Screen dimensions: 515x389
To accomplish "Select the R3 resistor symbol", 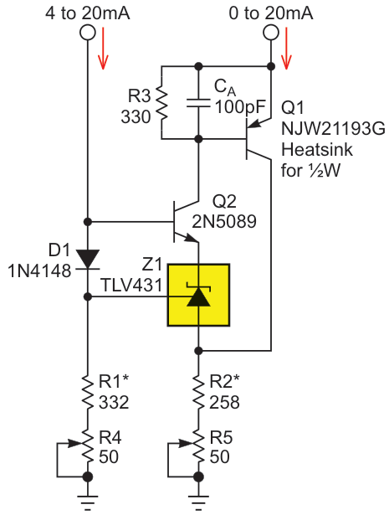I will point(161,101).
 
